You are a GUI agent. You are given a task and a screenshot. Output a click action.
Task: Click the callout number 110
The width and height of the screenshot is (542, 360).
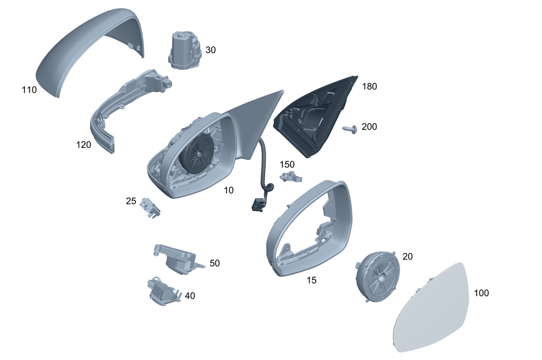coord(29,90)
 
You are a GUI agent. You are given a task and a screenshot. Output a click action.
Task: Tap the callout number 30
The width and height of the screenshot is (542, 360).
coord(210,50)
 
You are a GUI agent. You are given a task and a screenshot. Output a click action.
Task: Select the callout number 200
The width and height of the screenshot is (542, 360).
coord(369,127)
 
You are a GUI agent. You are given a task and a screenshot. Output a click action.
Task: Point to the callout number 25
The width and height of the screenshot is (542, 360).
coord(131,201)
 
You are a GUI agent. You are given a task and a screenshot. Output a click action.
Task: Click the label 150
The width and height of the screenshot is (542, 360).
coord(287,164)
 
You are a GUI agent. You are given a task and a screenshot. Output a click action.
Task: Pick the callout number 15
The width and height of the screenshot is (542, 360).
coord(312,280)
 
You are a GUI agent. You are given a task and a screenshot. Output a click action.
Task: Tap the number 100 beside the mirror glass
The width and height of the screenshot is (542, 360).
coord(481,293)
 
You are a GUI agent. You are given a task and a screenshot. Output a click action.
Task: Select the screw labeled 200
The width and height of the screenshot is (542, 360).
coord(350,130)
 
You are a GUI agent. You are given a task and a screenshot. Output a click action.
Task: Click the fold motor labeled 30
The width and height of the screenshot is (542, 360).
coord(185,50)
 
